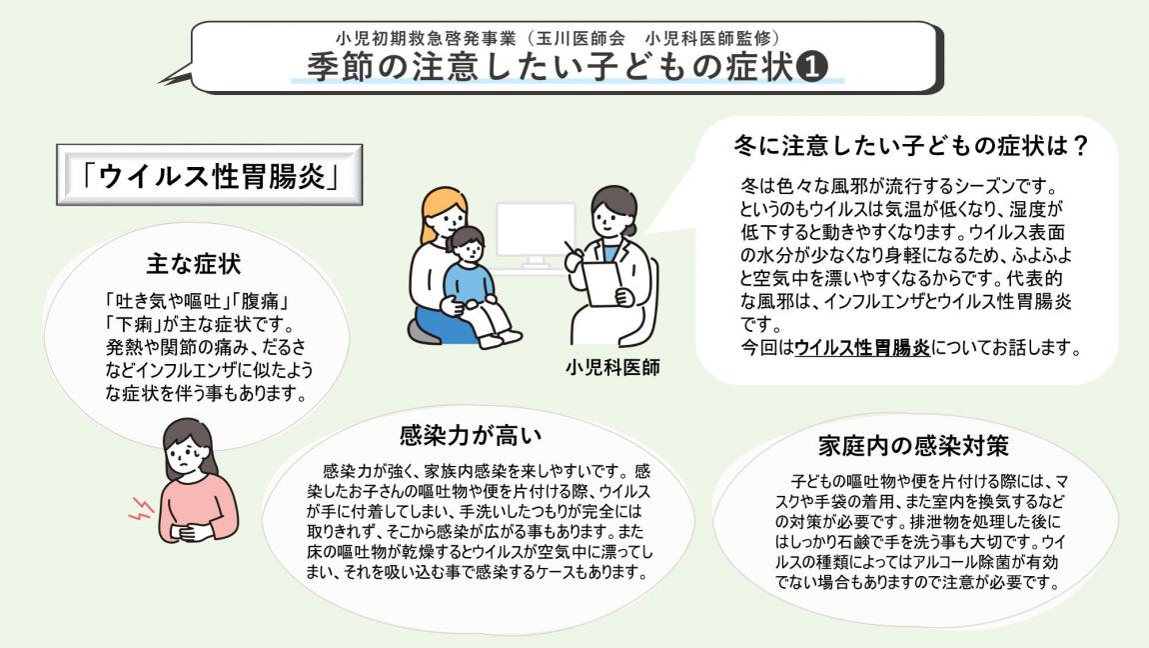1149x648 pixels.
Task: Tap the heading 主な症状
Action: click(194, 265)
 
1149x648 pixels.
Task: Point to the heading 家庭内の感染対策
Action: click(912, 444)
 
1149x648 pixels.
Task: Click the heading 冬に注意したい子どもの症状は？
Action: click(910, 146)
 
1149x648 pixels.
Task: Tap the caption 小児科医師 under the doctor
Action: click(612, 366)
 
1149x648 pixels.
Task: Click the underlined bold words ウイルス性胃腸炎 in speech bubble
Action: click(862, 348)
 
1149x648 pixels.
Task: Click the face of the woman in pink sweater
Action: click(188, 456)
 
